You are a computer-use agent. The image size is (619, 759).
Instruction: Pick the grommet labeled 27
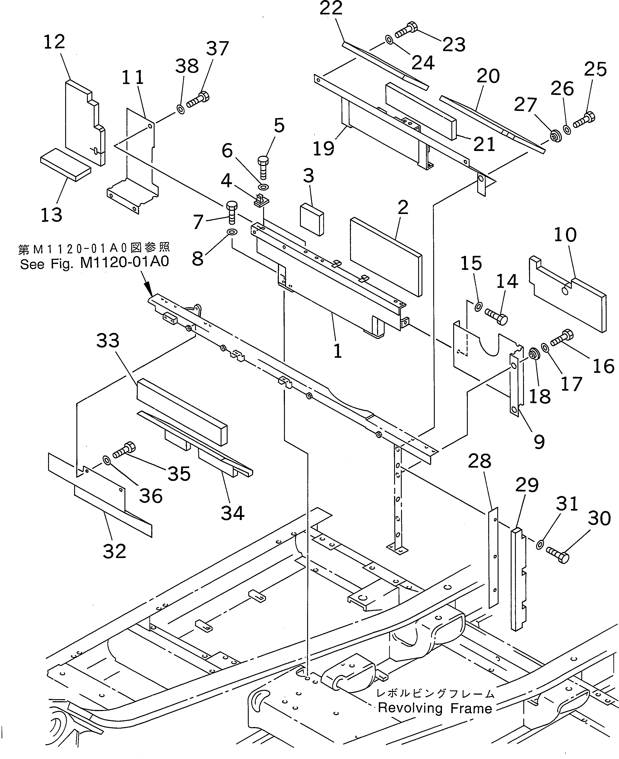point(555,137)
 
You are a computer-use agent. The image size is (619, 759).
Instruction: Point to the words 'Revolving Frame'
point(435,708)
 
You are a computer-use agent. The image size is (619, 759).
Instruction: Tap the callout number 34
point(233,513)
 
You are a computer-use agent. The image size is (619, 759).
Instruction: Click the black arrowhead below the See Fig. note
point(148,289)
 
